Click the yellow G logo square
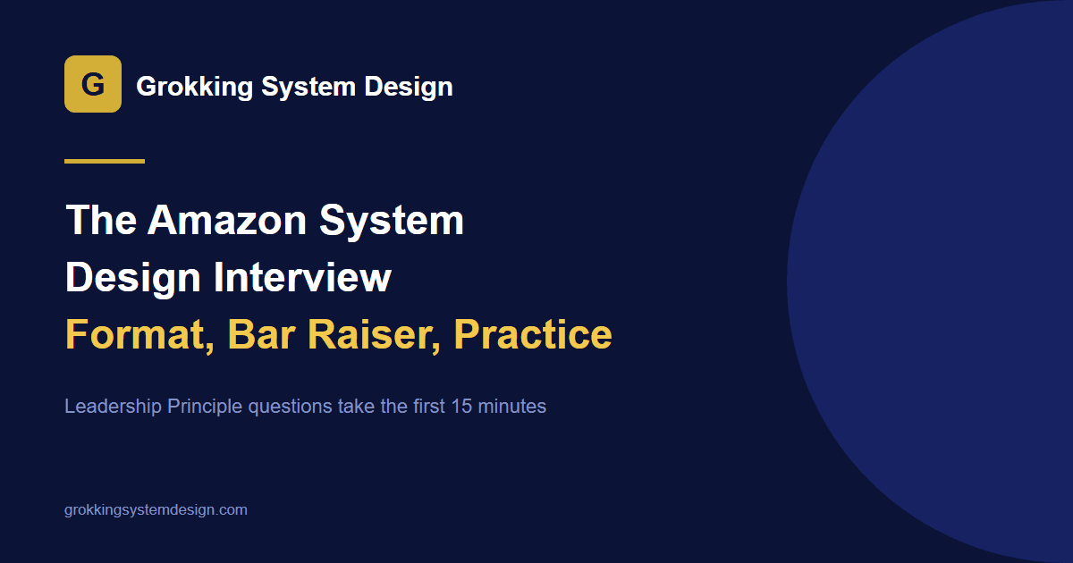(93, 84)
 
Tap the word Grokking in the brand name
(195, 88)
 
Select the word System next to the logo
(308, 88)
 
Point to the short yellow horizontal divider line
(105, 162)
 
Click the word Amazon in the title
(227, 220)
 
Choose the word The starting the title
(101, 220)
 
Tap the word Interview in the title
(302, 277)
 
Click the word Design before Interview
(132, 278)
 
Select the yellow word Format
(139, 334)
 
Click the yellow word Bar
(261, 334)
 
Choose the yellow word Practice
(533, 334)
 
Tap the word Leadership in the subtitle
(113, 407)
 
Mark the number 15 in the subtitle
(461, 407)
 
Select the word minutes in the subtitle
(512, 407)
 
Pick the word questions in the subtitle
(291, 408)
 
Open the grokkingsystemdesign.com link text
(156, 510)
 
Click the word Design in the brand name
(409, 88)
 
